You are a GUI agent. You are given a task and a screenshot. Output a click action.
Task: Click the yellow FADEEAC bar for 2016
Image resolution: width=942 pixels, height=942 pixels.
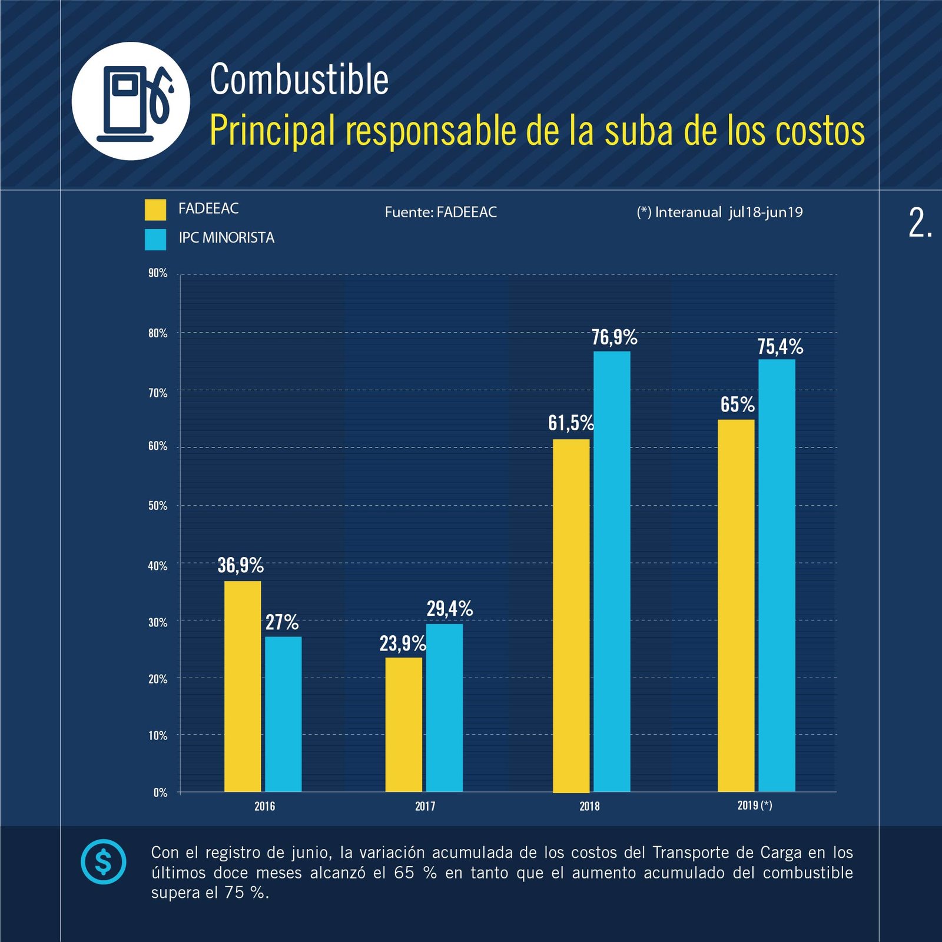(x=243, y=686)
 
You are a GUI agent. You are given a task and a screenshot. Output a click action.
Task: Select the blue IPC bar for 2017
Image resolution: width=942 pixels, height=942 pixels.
(x=444, y=707)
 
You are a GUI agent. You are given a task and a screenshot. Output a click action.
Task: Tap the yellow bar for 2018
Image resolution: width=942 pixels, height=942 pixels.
(x=571, y=615)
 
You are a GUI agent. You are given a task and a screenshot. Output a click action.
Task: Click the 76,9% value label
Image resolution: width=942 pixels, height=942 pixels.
(x=614, y=337)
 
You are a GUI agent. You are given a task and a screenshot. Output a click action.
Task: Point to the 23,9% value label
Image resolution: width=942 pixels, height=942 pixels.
(x=402, y=644)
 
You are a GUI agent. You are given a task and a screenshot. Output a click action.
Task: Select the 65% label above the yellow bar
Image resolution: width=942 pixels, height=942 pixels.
(x=737, y=404)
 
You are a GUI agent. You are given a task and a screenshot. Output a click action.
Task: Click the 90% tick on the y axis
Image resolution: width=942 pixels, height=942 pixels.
(x=158, y=273)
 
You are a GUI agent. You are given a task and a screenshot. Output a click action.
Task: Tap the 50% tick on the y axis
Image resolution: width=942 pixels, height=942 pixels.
(x=158, y=506)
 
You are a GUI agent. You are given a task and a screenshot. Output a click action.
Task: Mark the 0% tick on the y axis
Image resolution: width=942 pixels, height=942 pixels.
(x=160, y=792)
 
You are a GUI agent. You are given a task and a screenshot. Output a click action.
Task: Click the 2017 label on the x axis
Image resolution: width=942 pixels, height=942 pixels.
(x=425, y=806)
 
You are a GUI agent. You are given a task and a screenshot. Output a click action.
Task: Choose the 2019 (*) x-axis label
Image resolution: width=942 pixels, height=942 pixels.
(x=754, y=805)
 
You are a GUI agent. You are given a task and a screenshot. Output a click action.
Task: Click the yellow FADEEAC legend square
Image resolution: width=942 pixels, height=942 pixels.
(x=155, y=210)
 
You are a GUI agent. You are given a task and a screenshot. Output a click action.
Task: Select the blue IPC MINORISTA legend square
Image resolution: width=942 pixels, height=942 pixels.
(x=155, y=240)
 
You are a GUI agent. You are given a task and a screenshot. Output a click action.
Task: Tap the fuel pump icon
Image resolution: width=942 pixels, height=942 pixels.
(x=131, y=101)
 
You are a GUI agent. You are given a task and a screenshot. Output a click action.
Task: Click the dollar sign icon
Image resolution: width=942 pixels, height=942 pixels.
(x=104, y=862)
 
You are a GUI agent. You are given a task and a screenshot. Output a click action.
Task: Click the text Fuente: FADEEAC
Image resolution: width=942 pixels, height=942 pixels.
(x=440, y=212)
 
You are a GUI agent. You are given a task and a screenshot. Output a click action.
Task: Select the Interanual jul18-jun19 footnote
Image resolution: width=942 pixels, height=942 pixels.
(x=719, y=212)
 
